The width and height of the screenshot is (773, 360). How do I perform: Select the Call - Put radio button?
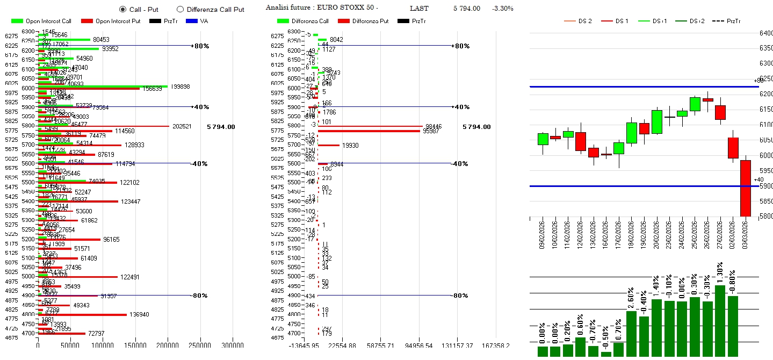pos(122,9)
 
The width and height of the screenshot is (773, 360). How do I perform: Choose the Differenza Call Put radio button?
pos(180,9)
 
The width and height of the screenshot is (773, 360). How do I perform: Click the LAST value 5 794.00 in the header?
pos(466,9)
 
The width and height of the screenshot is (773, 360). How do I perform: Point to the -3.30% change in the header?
pos(502,9)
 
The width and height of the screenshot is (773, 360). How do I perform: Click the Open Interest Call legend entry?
pos(41,21)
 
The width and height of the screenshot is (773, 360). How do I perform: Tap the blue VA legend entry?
pos(200,21)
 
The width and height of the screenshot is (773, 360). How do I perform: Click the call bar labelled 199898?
pos(103,86)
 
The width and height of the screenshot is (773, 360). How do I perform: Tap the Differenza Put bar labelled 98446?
pos(370,126)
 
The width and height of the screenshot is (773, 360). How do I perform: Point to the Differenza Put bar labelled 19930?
pos(329,145)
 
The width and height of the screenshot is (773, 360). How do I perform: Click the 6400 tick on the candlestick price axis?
pos(765,33)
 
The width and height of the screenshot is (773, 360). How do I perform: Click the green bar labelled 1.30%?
pos(720,320)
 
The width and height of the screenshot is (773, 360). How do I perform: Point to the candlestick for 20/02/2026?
pos(657,122)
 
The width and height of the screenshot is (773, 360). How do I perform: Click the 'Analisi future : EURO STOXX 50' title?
pos(322,8)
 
